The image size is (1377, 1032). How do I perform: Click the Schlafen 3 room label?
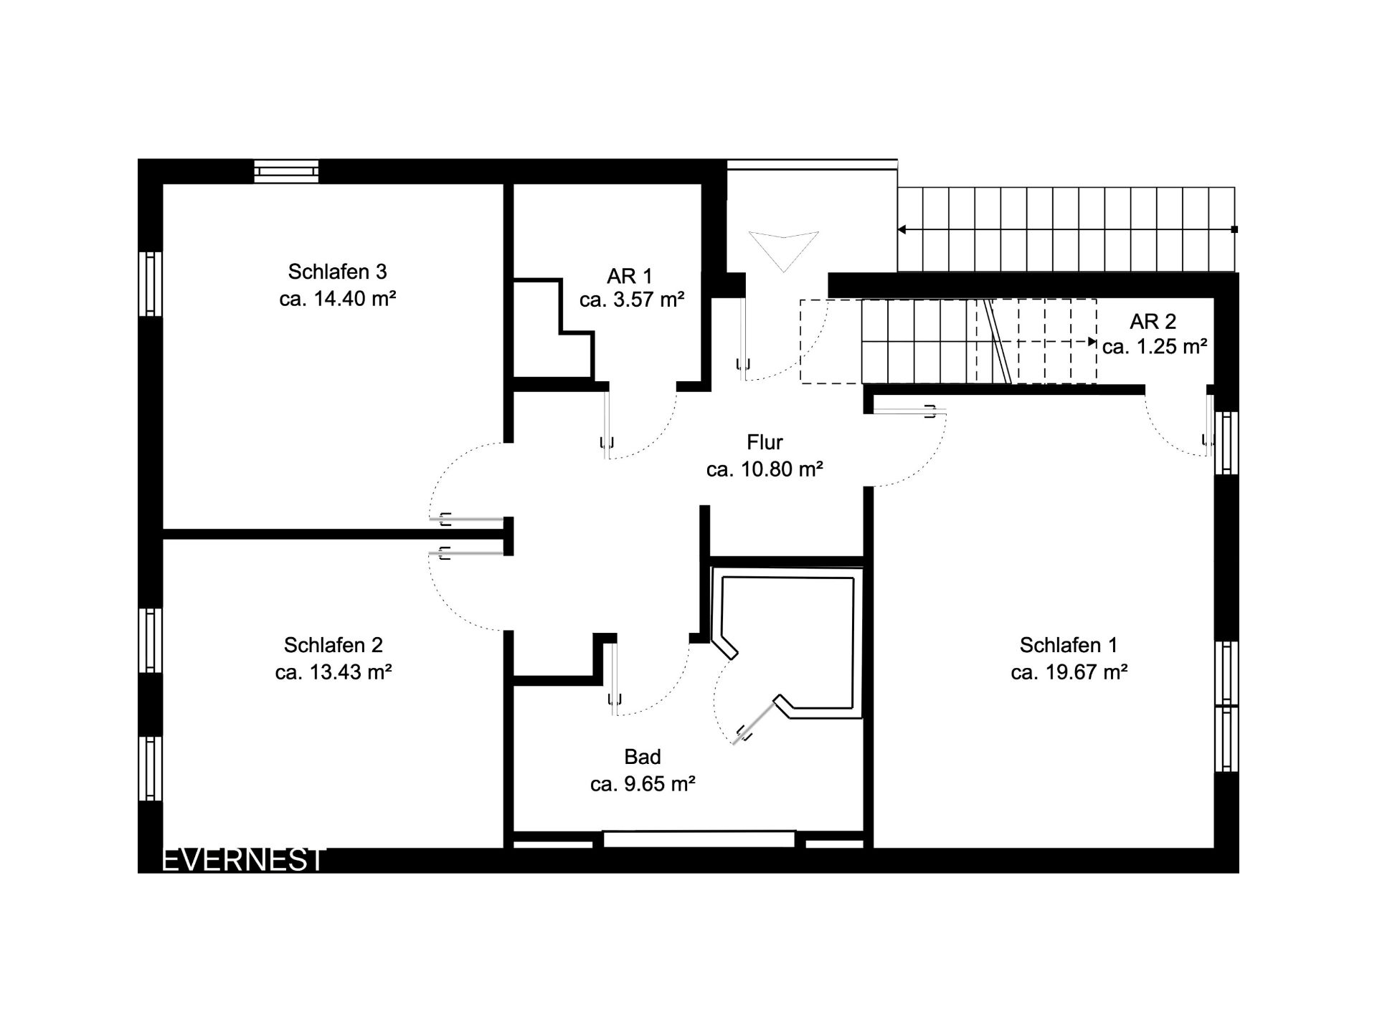(337, 272)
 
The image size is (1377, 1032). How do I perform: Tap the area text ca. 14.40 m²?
(338, 299)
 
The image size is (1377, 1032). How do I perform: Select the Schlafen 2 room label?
(333, 645)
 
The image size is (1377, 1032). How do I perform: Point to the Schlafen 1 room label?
(1069, 645)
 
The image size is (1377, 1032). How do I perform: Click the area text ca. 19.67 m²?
(1069, 672)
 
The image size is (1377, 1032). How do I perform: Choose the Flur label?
(765, 442)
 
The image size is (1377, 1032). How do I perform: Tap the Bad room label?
(643, 757)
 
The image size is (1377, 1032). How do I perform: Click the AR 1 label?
(630, 276)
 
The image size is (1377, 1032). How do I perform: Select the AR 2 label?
(1153, 322)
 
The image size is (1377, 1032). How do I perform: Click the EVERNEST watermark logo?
(244, 860)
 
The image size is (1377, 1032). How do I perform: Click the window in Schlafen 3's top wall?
(287, 171)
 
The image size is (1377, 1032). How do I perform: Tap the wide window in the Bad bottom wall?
(699, 839)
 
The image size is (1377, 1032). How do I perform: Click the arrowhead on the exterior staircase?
(902, 229)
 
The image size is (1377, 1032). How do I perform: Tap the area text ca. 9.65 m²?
(643, 784)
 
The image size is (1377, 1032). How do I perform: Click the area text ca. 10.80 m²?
(765, 469)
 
